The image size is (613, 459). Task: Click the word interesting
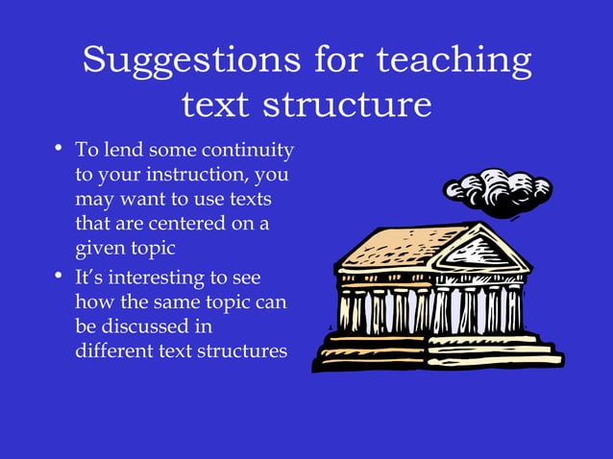coord(150,278)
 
